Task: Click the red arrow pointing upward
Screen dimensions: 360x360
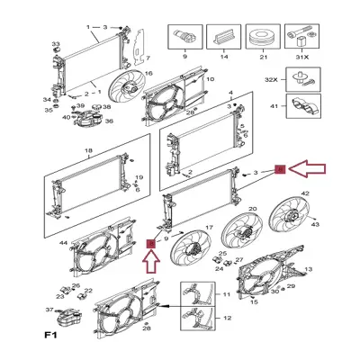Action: click(151, 263)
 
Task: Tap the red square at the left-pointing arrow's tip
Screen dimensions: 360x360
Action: click(280, 168)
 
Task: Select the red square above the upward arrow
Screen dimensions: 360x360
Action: click(151, 242)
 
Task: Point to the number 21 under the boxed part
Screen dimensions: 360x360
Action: click(264, 57)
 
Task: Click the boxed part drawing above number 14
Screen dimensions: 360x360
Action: click(222, 37)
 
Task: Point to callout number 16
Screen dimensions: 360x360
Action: click(148, 73)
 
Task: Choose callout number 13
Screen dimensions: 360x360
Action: click(308, 270)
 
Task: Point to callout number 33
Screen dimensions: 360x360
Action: click(56, 43)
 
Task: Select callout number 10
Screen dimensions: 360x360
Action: click(210, 79)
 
